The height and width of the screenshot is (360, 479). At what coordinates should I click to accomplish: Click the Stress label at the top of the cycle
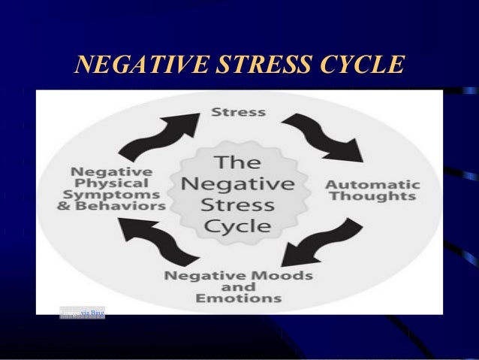pyautogui.click(x=238, y=113)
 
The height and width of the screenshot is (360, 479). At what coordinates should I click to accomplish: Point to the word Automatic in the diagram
pyautogui.click(x=373, y=184)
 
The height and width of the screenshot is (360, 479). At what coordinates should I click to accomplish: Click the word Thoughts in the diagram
pyautogui.click(x=373, y=197)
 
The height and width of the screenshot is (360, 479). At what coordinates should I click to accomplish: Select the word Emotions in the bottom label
pyautogui.click(x=238, y=299)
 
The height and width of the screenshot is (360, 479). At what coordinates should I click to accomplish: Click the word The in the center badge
pyautogui.click(x=238, y=161)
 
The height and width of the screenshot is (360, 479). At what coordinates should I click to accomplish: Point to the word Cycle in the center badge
pyautogui.click(x=238, y=226)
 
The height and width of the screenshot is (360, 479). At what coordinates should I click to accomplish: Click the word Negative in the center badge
pyautogui.click(x=238, y=183)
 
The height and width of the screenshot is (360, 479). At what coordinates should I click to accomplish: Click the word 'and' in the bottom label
pyautogui.click(x=238, y=287)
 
